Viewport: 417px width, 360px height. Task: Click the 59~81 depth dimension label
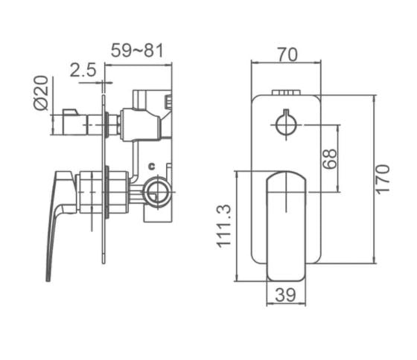pyautogui.click(x=137, y=51)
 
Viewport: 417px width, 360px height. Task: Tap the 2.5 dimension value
pyautogui.click(x=83, y=71)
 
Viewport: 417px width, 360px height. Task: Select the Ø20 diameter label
pyautogui.click(x=42, y=93)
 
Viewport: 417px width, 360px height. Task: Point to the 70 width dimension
pyautogui.click(x=287, y=54)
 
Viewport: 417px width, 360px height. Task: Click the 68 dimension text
pyautogui.click(x=330, y=158)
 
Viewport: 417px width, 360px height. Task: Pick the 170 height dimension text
pyautogui.click(x=382, y=179)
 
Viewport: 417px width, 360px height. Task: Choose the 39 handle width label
pyautogui.click(x=286, y=295)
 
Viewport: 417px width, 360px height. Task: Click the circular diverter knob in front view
pyautogui.click(x=286, y=125)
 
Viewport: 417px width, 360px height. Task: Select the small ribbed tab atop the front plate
pyautogui.click(x=287, y=93)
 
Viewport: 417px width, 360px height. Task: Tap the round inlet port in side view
pyautogui.click(x=156, y=193)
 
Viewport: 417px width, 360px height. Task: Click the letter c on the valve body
pyautogui.click(x=150, y=166)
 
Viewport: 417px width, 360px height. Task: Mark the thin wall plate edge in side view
pyautogui.click(x=104, y=223)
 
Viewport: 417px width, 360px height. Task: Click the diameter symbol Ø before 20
pyautogui.click(x=42, y=103)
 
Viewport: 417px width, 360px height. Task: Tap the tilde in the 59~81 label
pyautogui.click(x=137, y=51)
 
